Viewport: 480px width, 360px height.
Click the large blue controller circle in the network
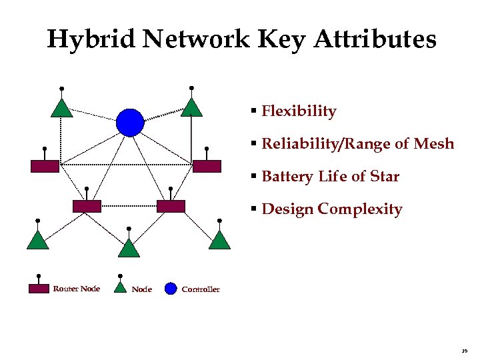tap(130, 122)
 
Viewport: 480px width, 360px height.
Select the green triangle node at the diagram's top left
tap(62, 109)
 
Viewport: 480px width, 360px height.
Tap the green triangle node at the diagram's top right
tap(191, 108)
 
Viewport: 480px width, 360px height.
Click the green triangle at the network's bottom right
tap(219, 241)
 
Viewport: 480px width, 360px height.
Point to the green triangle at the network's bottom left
tap(37, 241)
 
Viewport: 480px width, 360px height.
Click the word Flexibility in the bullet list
tap(299, 111)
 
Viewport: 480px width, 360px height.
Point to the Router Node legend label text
tap(76, 289)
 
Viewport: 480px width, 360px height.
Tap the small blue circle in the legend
tap(171, 289)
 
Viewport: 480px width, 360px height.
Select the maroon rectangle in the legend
tap(39, 289)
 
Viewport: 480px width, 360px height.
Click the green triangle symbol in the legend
tap(120, 288)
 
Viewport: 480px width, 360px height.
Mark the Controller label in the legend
tap(200, 289)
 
